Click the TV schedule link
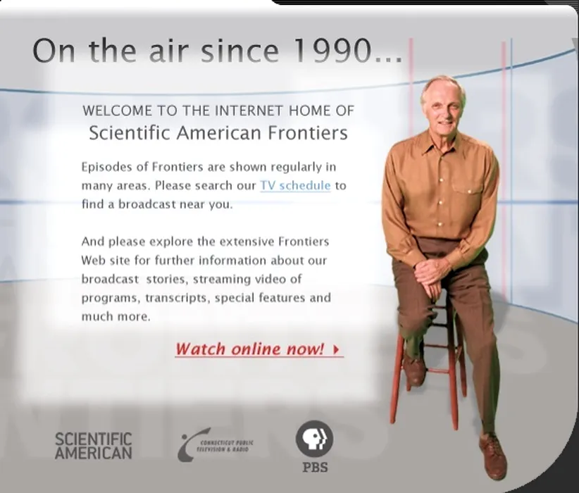coord(295,185)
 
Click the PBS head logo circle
coord(314,438)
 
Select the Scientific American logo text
coord(93,446)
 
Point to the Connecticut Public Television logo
coord(215,444)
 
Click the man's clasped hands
coord(432,273)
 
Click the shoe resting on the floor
coord(493,457)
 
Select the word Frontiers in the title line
coord(308,132)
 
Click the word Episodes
coord(107,167)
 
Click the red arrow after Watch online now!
coord(335,349)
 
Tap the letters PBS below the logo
coord(315,467)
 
